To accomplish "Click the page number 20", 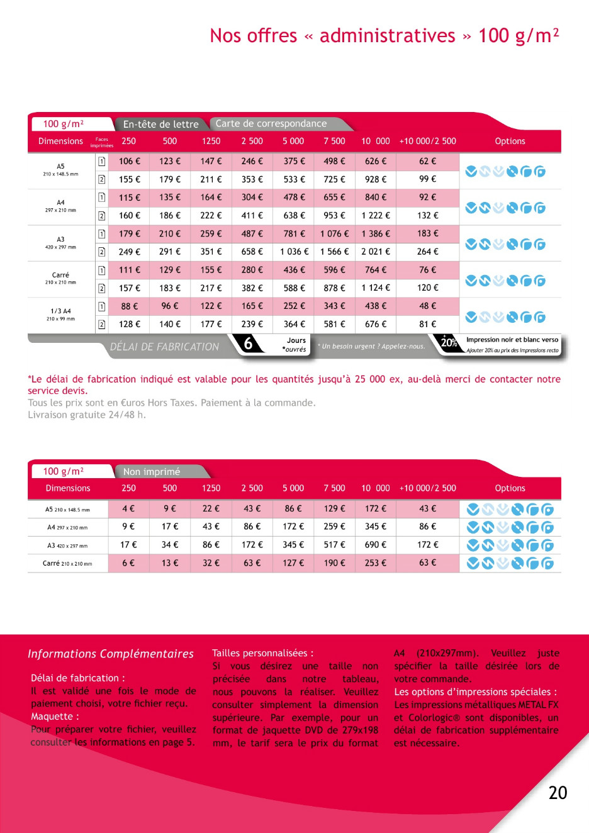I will (558, 793).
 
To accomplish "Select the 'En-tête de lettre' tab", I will (160, 124).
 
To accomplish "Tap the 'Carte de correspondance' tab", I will (271, 123).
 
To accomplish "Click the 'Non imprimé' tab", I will (152, 471).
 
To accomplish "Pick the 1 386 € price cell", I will (376, 233).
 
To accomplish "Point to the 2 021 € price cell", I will (376, 252).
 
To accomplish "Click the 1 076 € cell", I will (334, 233).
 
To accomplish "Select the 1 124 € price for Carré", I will (376, 288).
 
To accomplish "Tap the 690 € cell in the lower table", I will (376, 545).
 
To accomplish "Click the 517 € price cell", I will (334, 545).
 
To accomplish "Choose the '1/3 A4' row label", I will (60, 311).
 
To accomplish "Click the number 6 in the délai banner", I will (249, 344).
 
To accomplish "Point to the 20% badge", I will (449, 343).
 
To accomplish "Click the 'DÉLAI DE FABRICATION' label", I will (164, 347).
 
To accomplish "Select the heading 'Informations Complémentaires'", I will (111, 654).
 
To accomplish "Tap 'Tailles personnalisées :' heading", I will (262, 653).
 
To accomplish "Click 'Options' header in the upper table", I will (510, 142).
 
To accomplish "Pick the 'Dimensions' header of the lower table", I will (68, 488).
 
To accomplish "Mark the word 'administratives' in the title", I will (387, 36).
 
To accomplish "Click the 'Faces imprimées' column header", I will (102, 142).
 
